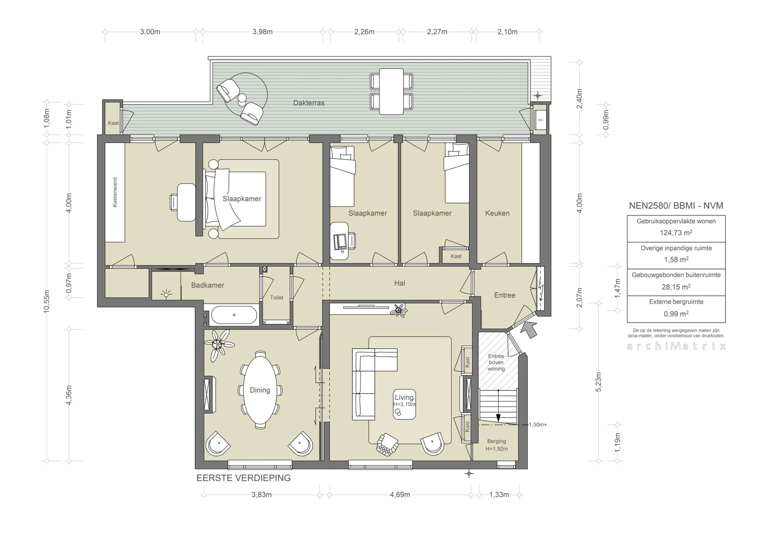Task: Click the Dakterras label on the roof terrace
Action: tap(309, 103)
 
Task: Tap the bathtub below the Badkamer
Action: tap(234, 315)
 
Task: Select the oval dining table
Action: tap(260, 390)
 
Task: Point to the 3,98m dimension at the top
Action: tap(262, 32)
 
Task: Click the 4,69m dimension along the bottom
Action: tap(400, 495)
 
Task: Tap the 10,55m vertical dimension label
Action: tap(47, 301)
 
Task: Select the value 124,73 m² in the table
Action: tap(676, 233)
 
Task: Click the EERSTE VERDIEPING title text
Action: tap(244, 478)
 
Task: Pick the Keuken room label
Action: tap(497, 213)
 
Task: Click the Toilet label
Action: tap(276, 297)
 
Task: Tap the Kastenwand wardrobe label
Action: tap(115, 192)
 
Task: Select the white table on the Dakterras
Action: tap(391, 92)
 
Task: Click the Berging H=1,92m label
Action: tap(496, 445)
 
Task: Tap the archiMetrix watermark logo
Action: tap(676, 346)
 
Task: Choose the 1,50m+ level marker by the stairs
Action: tap(538, 425)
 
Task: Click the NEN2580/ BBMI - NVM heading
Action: tap(676, 206)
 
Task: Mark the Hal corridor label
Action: tap(400, 283)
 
